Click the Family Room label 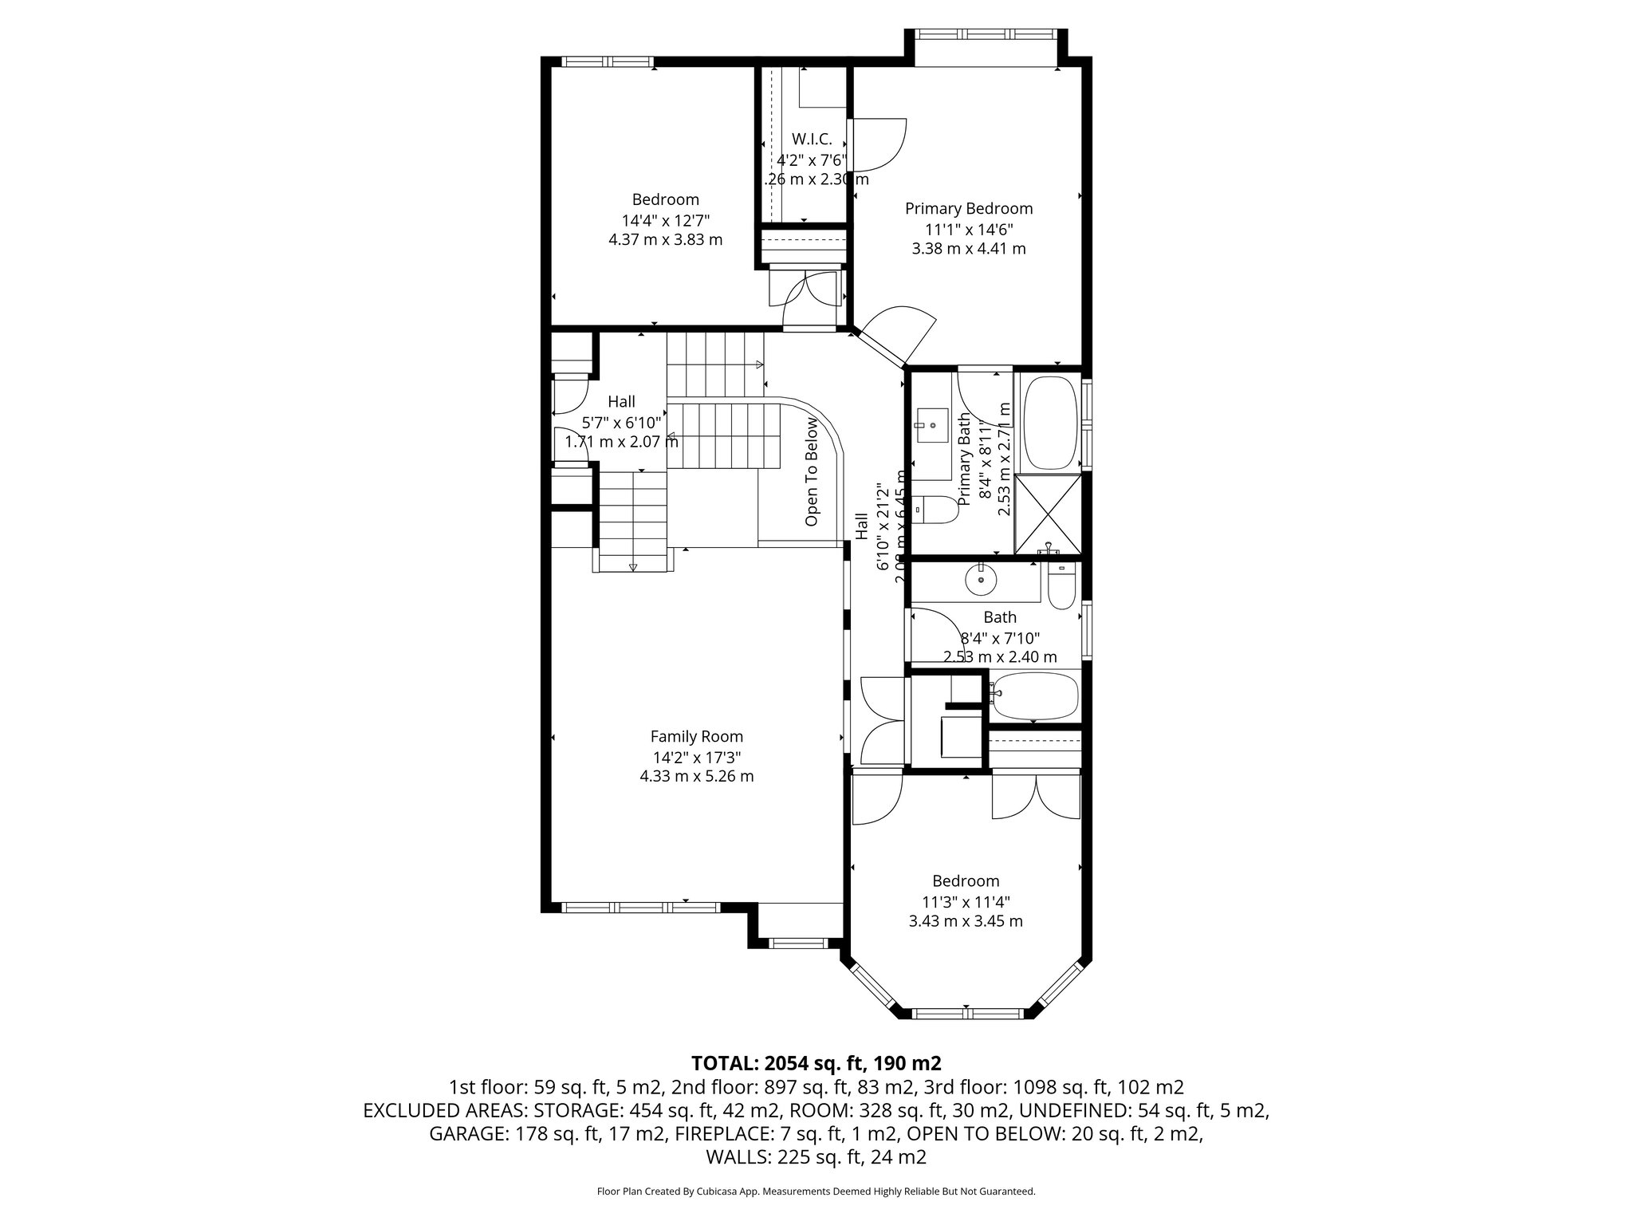[x=696, y=737]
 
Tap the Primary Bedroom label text [x=968, y=209]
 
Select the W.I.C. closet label [x=812, y=139]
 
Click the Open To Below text [x=812, y=471]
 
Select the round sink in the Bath [x=981, y=581]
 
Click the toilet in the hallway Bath [x=1061, y=589]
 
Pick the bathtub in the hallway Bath [x=1034, y=696]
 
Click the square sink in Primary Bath [x=931, y=427]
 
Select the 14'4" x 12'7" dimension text [x=665, y=220]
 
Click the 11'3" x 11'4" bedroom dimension [x=966, y=902]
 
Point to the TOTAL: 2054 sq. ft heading [x=816, y=1063]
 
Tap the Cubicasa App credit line [x=816, y=1192]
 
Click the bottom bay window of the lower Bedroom [x=966, y=1014]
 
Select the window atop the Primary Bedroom [x=987, y=34]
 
